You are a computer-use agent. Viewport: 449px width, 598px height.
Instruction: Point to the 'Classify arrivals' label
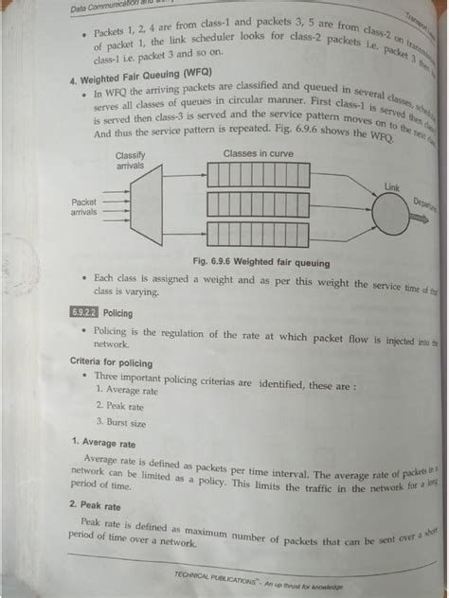[x=130, y=161]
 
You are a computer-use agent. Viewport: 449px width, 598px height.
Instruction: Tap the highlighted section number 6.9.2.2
[x=83, y=312]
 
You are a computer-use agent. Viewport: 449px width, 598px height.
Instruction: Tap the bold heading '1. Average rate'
[x=109, y=442]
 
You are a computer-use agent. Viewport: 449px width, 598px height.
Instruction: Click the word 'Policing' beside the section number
[x=117, y=312]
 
